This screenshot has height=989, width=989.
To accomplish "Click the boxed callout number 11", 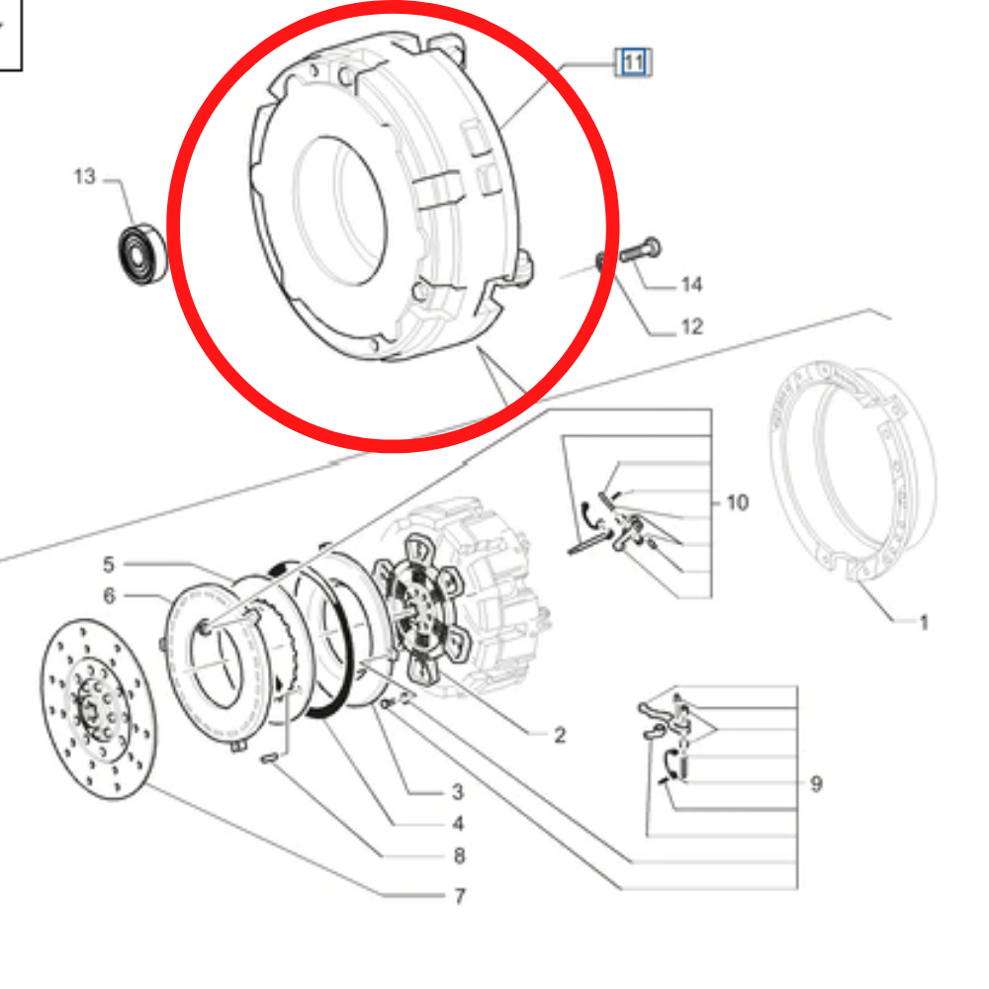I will (633, 64).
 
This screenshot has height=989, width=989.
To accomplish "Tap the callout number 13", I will (84, 177).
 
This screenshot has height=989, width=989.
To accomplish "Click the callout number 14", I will (691, 286).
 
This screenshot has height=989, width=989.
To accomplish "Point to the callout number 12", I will (691, 326).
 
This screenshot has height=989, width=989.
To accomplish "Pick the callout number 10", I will (737, 503).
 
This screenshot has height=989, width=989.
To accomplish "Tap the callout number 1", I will (924, 623).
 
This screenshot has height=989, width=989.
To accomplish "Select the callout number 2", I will (560, 735).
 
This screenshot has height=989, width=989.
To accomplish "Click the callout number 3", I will (457, 791).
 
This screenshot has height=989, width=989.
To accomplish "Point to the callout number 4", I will (457, 824).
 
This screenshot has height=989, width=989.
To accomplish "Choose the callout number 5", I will (109, 565).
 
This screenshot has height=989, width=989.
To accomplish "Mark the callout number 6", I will (109, 595).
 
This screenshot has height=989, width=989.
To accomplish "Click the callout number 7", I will (459, 897).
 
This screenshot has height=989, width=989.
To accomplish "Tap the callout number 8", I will (458, 856).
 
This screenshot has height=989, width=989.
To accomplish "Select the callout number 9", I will (816, 784).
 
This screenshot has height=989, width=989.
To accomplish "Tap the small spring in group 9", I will (682, 762).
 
